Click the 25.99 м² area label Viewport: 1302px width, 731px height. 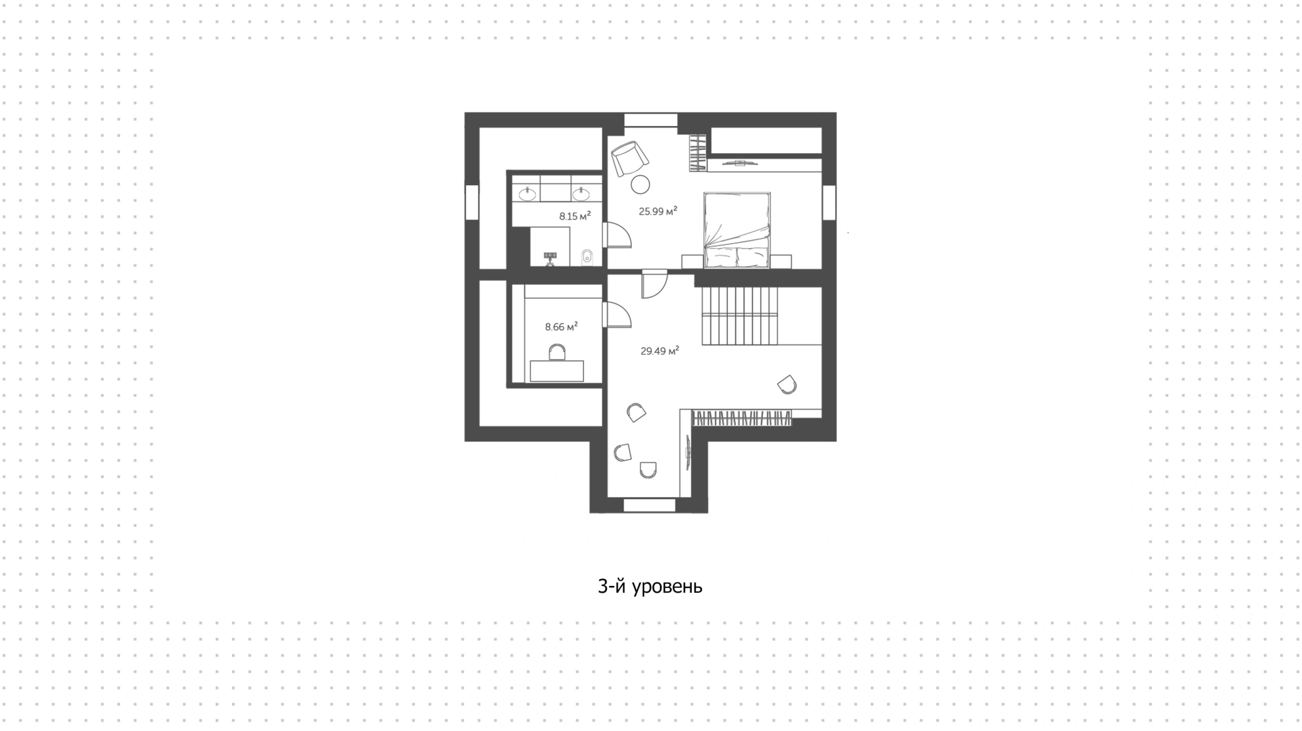[658, 211]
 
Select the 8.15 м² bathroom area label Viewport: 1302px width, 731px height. [574, 216]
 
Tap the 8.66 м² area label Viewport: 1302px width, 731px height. [561, 327]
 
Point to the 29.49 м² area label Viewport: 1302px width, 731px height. [660, 351]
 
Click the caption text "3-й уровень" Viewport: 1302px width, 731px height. [650, 587]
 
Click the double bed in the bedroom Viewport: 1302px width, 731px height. [737, 231]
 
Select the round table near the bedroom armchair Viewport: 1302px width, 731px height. [640, 184]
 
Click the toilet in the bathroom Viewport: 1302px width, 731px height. [588, 257]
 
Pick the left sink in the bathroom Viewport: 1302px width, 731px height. [528, 195]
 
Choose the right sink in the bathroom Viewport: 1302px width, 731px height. [581, 195]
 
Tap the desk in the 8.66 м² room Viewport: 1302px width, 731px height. [557, 371]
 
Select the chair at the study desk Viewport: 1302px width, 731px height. [557, 352]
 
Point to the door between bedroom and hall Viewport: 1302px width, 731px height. [654, 284]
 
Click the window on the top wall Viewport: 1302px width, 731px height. [651, 120]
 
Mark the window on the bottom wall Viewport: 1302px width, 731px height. [649, 505]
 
